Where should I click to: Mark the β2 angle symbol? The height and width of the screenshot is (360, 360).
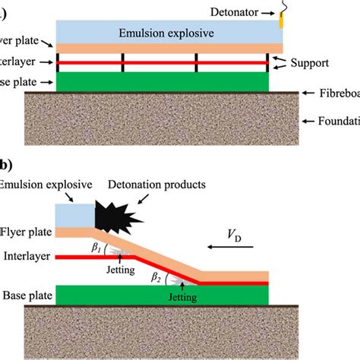157,277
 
